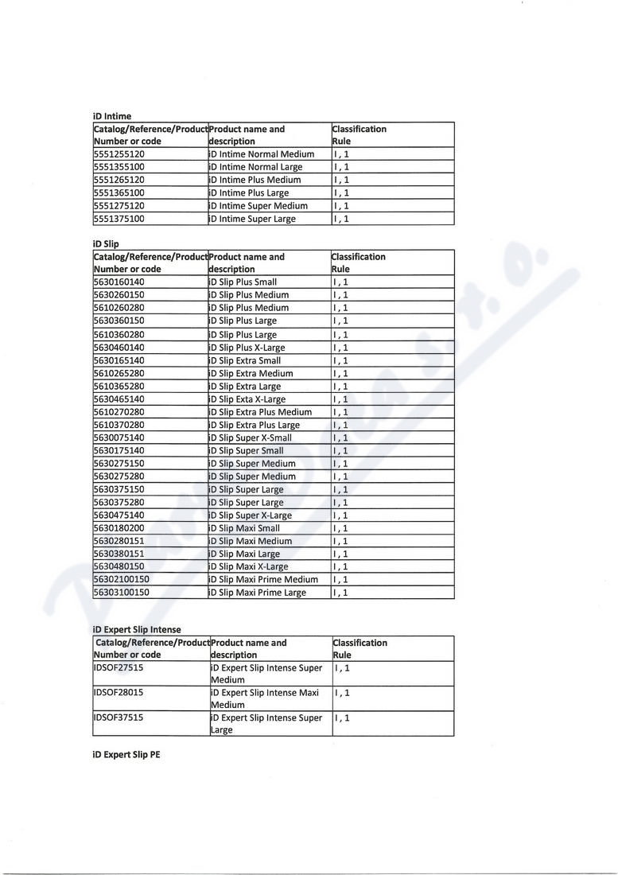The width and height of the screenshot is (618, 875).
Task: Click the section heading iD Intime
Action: pos(112,116)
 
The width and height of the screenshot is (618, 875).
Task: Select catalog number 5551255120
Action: pos(119,154)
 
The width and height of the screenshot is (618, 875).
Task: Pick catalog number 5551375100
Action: pos(119,219)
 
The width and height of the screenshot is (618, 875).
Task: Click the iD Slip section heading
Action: pos(106,244)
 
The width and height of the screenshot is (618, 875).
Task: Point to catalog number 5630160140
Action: pos(119,282)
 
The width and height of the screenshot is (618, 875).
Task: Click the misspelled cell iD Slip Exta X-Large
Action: pos(247,399)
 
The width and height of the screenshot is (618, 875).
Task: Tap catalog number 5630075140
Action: pos(119,437)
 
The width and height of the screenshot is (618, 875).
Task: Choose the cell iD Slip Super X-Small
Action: pos(251,437)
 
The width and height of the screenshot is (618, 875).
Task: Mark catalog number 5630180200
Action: pos(119,528)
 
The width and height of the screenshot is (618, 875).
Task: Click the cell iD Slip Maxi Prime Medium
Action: pos(263,580)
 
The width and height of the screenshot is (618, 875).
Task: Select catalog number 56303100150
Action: pos(122,593)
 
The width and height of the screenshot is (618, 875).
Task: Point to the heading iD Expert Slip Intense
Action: pos(137,630)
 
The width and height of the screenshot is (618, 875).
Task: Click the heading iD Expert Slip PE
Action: pos(126,754)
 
